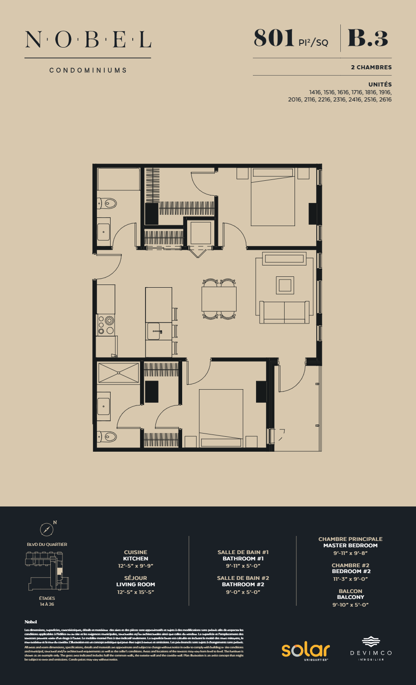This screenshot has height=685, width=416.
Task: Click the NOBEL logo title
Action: (88, 40)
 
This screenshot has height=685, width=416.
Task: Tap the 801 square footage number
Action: (274, 38)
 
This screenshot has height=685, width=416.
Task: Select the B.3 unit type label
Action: (368, 38)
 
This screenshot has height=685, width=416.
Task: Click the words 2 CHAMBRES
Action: (371, 67)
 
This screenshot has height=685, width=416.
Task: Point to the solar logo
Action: (305, 650)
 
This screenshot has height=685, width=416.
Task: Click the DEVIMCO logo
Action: (371, 648)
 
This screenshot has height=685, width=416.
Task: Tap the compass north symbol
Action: (47, 529)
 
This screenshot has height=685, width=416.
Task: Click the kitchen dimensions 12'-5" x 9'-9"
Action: (135, 566)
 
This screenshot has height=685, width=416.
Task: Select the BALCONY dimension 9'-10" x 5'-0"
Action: (350, 605)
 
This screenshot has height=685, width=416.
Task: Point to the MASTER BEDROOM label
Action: (350, 545)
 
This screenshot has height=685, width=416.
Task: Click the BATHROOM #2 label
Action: (243, 584)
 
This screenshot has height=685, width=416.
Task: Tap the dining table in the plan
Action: (219, 299)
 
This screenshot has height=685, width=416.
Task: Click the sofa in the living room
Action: (284, 312)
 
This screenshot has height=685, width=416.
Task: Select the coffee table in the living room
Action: (285, 285)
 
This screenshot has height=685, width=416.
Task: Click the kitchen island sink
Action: (154, 331)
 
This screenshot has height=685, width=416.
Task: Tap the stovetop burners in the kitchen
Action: (106, 325)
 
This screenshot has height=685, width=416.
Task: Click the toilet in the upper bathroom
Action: (107, 203)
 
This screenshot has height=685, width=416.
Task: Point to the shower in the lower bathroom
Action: (118, 373)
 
